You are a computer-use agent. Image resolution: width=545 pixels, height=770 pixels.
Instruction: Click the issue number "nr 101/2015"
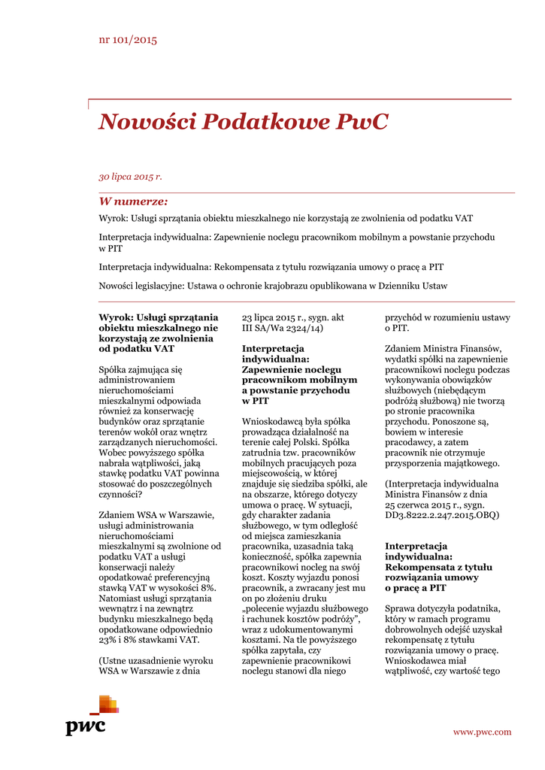(x=128, y=40)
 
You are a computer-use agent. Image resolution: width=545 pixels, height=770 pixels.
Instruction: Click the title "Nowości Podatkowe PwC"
(x=243, y=122)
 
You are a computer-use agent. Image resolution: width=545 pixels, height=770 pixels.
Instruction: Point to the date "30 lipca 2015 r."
(x=130, y=177)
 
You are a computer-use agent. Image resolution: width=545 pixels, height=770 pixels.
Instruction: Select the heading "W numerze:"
(x=133, y=202)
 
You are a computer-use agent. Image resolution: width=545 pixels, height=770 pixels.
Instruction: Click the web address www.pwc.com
(x=482, y=732)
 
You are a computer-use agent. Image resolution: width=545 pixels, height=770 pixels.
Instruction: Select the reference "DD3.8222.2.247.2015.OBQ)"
(x=442, y=515)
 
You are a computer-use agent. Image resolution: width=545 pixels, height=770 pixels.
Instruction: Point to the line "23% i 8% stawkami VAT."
(x=149, y=640)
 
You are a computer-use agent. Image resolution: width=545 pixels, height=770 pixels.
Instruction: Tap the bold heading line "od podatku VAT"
(x=136, y=349)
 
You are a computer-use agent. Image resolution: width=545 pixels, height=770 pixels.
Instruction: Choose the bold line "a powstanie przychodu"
(x=295, y=391)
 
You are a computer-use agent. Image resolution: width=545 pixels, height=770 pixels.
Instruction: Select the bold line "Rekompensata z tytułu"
(x=438, y=567)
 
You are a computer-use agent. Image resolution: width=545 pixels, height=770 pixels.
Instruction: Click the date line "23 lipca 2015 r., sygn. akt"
(x=292, y=317)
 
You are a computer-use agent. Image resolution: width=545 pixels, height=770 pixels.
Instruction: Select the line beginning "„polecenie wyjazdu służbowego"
(x=304, y=608)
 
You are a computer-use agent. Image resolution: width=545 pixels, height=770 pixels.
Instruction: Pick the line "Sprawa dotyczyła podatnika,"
(x=442, y=608)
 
